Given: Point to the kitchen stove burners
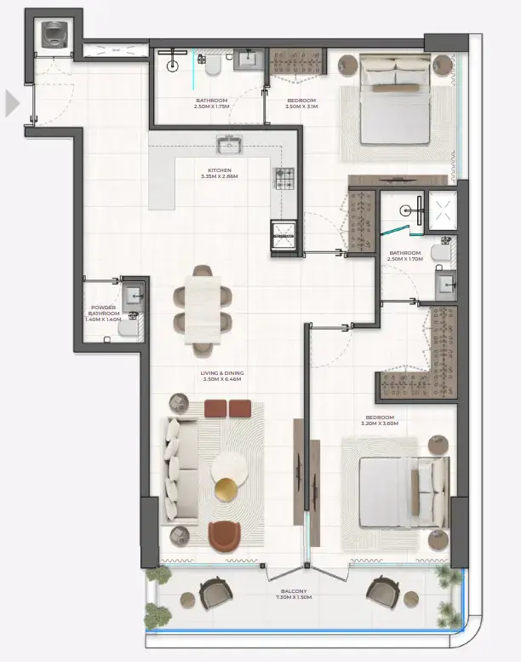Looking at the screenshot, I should pyautogui.click(x=283, y=177).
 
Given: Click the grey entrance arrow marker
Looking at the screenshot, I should pyautogui.click(x=12, y=103).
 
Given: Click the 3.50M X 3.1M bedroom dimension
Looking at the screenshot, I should pyautogui.click(x=301, y=107).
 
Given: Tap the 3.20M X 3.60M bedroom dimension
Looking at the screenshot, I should pyautogui.click(x=380, y=423).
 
